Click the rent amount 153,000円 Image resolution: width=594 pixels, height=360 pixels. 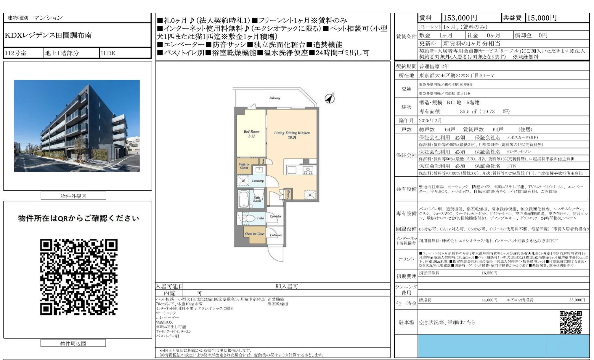(460, 18)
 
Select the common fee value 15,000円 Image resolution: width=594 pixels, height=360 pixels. (542, 18)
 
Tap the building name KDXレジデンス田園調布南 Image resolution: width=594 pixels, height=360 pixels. (48, 35)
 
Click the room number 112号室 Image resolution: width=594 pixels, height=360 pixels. (16, 53)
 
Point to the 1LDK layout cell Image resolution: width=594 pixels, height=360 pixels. (108, 53)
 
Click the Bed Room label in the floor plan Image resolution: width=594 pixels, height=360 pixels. (251, 133)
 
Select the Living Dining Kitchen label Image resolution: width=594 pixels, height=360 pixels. (292, 135)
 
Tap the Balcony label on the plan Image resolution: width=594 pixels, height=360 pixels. (274, 98)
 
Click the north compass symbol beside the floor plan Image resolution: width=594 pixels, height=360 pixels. (330, 98)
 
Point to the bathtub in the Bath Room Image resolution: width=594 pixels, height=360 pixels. (244, 199)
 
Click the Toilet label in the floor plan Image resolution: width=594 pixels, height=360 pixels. (260, 218)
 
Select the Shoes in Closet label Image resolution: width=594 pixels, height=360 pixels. (255, 234)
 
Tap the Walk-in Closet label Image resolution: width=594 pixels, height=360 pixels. (244, 166)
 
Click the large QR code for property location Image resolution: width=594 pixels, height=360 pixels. (79, 277)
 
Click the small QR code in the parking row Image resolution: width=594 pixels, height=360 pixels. (570, 322)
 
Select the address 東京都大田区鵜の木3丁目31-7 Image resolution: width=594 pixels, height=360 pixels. (456, 75)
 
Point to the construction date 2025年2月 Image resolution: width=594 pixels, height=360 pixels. (430, 120)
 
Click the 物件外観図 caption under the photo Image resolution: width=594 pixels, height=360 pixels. (73, 196)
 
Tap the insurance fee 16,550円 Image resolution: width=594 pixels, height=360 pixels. (489, 273)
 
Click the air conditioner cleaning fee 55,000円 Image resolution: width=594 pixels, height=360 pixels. (577, 300)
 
